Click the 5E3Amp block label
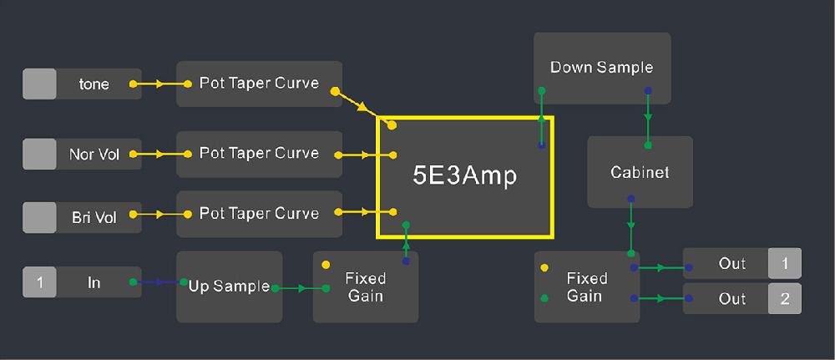pos(465,176)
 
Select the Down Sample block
pos(601,68)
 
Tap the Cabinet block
pos(640,172)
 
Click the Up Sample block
pos(229,286)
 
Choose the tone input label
pos(94,84)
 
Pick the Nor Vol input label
pos(94,155)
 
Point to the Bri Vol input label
pos(94,218)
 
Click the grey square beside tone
pos(39,84)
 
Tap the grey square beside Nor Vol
pos(39,155)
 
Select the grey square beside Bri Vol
pos(39,218)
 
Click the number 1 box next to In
pos(39,283)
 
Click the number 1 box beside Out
pos(785,264)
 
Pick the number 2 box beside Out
pos(785,299)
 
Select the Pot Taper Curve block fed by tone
pos(259,84)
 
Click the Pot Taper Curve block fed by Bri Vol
pos(259,214)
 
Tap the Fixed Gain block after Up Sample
pos(365,286)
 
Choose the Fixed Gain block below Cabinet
pos(586,286)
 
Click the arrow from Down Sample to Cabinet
pos(648,117)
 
